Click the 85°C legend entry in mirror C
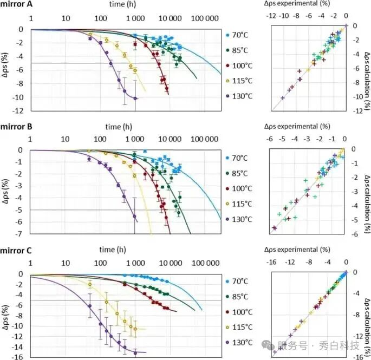239,297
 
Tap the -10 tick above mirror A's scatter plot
283,17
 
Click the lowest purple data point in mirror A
135,98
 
